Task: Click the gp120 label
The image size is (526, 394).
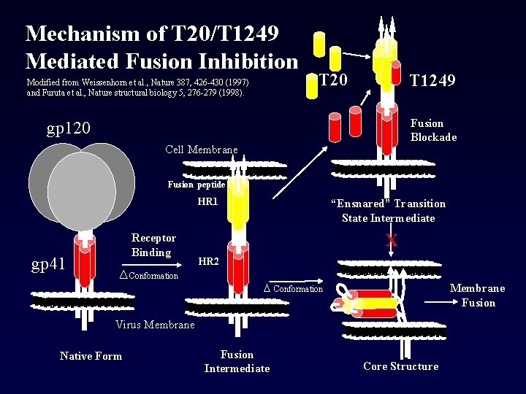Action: pos(69,129)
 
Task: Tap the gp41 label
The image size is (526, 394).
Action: pos(48,263)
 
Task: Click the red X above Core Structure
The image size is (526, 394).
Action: pos(392,241)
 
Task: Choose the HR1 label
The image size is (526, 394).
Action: pos(207,201)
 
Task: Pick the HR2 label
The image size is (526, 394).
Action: pos(209,261)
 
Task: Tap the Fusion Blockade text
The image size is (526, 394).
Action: pos(433,130)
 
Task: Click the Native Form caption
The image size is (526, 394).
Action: pos(91,356)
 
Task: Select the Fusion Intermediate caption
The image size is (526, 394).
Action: pos(237,361)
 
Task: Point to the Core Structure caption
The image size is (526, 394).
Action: pos(400,366)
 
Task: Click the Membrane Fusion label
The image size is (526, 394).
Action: pos(477,295)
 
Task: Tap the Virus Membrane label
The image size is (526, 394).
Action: pos(155,325)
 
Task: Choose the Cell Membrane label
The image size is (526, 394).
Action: pos(201,150)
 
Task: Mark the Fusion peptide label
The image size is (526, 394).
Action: pos(196,185)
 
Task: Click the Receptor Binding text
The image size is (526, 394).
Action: pos(153,245)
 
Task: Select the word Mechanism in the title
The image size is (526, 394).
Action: pos(82,33)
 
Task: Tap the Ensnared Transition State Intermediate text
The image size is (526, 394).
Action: pos(387,211)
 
